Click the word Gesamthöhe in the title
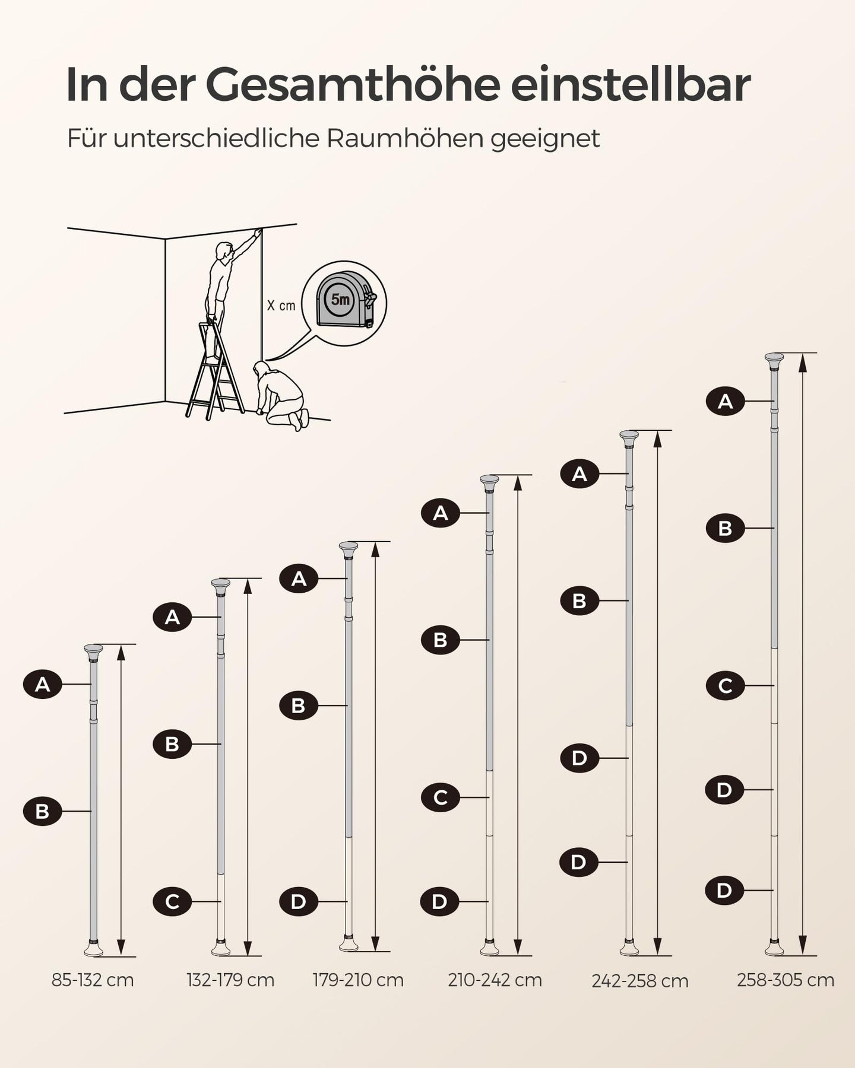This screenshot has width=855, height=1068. coord(352,85)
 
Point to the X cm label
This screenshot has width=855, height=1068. coord(281,306)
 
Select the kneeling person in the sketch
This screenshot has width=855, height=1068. coord(280,395)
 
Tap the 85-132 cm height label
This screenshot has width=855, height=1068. coord(93,980)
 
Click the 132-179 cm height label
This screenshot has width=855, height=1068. coord(230,980)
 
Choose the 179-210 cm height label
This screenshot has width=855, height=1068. coord(358,980)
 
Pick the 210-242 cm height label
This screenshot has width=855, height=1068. coord(495,980)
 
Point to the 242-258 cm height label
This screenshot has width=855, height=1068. coord(640,981)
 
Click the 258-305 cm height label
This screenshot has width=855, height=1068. coord(786,980)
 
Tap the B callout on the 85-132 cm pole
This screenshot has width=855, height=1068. coord(43,811)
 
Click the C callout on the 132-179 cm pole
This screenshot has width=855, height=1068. coord(172,902)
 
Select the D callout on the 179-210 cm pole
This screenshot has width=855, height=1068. coord(299,902)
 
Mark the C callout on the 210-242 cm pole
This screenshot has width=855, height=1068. coord(441,797)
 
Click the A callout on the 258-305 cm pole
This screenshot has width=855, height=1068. coord(725,402)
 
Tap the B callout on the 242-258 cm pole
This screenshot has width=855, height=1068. coord(579,600)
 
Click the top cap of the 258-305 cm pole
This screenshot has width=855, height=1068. coord(774,361)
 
